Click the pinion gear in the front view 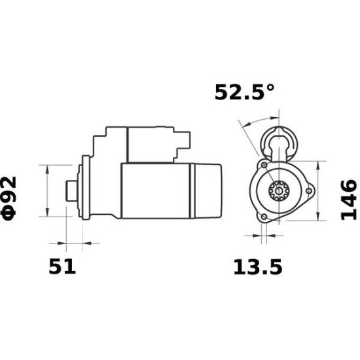point(278,191)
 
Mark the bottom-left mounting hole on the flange point(263,217)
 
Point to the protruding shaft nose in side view point(71,190)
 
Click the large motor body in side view point(156,190)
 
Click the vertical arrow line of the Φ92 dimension point(47,190)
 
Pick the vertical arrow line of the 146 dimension point(318,190)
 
